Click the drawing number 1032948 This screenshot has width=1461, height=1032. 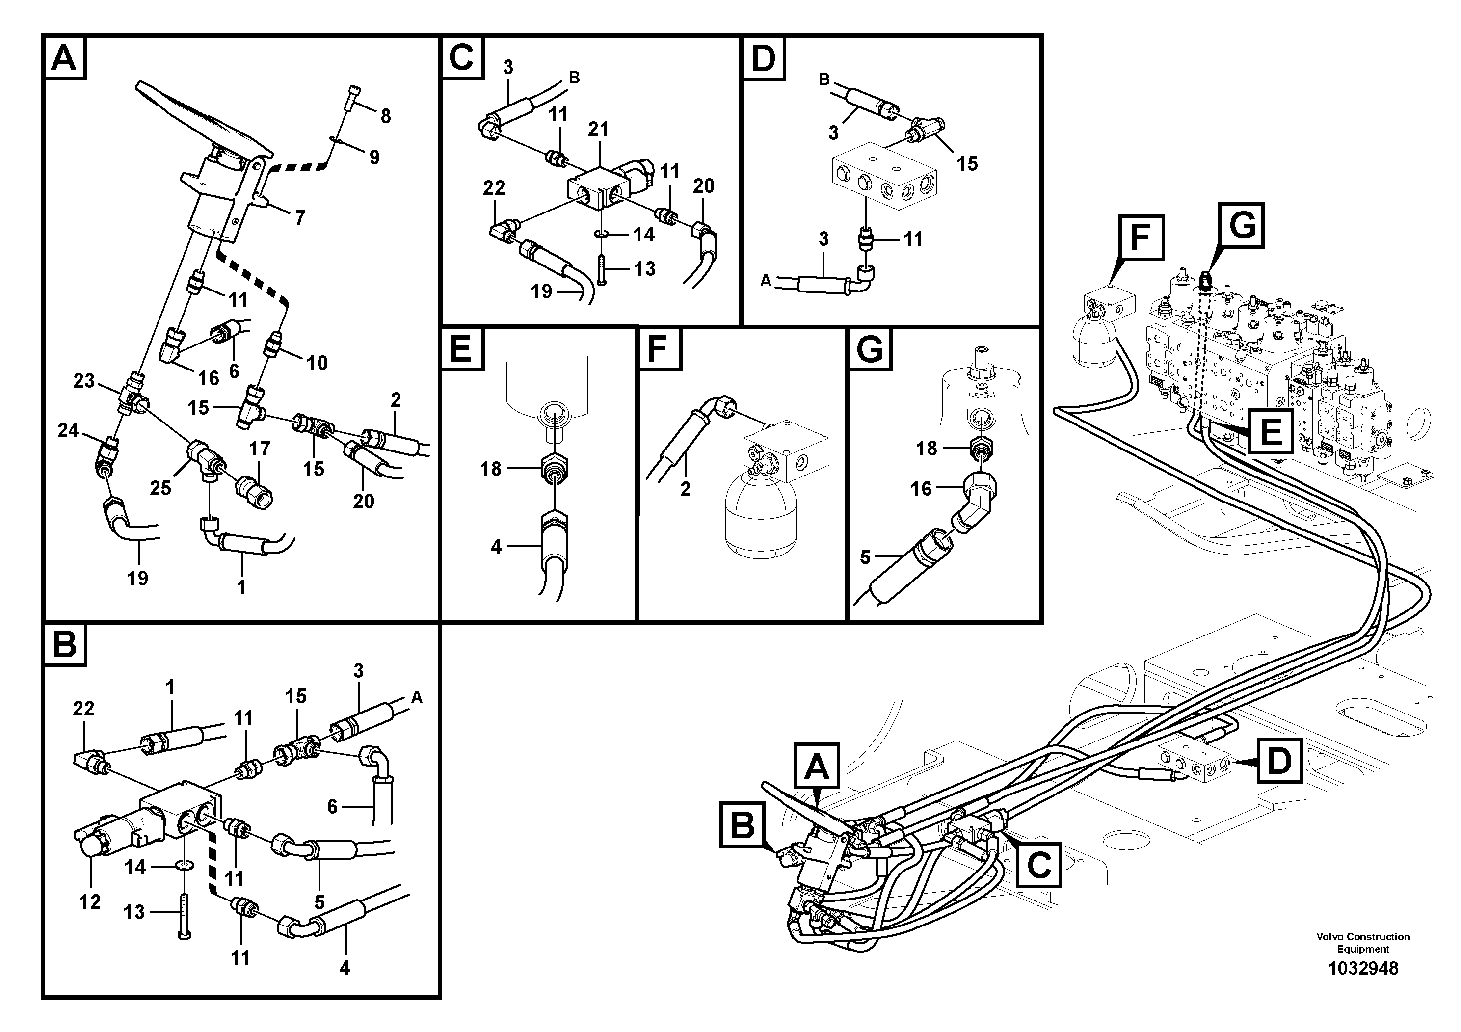coord(1362,968)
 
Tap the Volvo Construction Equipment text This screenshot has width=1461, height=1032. coord(1362,942)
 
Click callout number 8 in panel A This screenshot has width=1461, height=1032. coord(386,116)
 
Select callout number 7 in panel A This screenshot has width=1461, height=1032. coord(300,218)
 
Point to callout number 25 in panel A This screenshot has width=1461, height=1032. coord(160,487)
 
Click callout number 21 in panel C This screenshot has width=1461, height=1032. coord(598,129)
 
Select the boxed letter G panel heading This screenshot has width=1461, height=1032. coord(870,349)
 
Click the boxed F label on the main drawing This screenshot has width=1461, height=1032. coord(1142,238)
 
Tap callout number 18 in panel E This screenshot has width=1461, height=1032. coord(491,469)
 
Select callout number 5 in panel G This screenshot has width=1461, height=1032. coord(865,557)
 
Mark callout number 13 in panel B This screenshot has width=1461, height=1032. coord(134,912)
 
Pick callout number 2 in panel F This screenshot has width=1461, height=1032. coord(685,489)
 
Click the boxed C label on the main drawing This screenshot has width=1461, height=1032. coord(1039,865)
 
